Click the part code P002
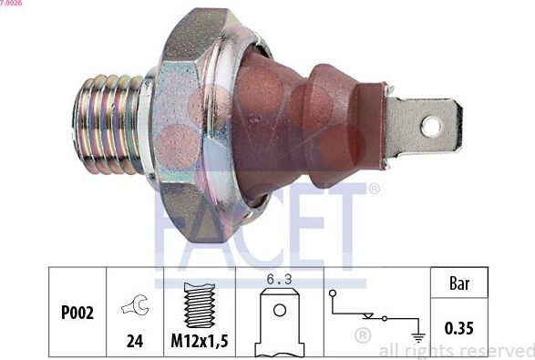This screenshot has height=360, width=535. [77, 312]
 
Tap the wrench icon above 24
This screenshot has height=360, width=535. [133, 307]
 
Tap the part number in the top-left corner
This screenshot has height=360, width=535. [11, 4]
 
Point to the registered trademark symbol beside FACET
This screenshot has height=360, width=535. [373, 190]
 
